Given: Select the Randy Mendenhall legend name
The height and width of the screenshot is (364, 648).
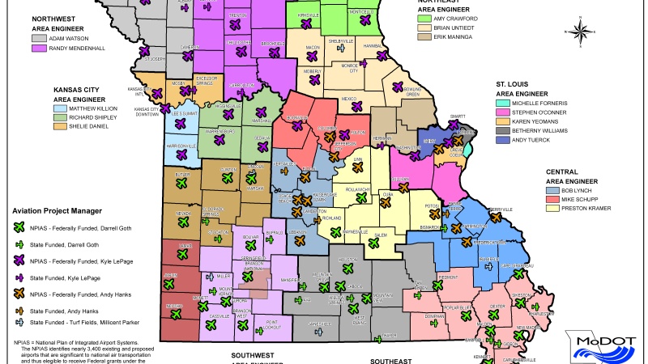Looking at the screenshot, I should [74, 49].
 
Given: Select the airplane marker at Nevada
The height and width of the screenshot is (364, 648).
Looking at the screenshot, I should [183, 221].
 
